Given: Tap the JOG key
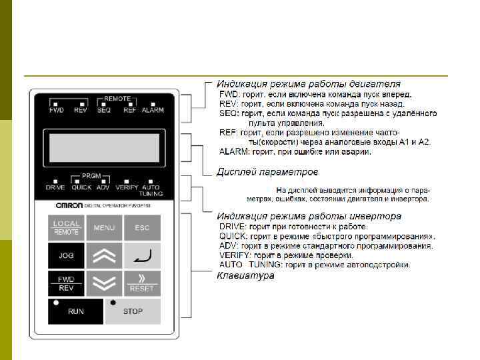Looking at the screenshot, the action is [67, 255].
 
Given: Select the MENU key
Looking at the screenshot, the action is [104, 228].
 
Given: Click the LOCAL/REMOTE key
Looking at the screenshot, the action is [67, 228].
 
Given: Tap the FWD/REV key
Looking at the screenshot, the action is [67, 283].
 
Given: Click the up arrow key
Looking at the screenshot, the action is [104, 255].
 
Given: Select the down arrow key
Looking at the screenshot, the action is [104, 283].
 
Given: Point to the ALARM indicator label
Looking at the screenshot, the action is [153, 110].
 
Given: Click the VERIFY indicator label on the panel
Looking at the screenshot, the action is [126, 188].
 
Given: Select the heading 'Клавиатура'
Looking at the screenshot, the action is [245, 275].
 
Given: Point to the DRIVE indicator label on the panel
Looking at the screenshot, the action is [55, 188].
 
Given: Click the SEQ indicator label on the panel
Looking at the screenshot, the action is [103, 110].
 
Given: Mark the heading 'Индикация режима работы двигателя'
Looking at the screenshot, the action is [309, 85].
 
